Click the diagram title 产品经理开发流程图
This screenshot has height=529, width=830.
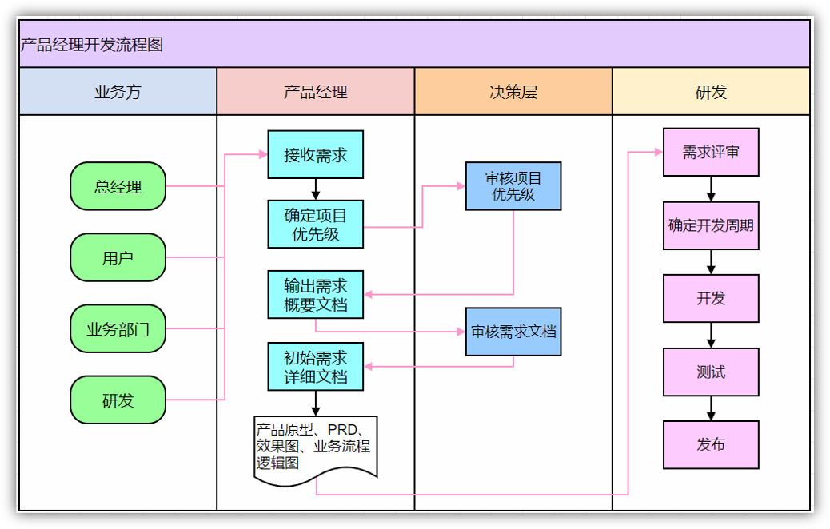(x=92, y=45)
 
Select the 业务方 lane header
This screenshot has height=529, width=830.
(x=118, y=92)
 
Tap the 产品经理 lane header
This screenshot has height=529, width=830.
(x=315, y=92)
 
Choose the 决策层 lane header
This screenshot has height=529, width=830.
(x=513, y=92)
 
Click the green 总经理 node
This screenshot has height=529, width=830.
(x=118, y=187)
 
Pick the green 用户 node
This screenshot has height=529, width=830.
(x=118, y=257)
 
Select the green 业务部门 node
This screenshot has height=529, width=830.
(x=118, y=328)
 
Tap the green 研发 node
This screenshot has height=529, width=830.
(x=118, y=400)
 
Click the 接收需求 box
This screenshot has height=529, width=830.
(x=315, y=155)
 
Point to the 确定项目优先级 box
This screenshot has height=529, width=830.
(x=315, y=225)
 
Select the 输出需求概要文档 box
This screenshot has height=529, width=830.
(x=315, y=294)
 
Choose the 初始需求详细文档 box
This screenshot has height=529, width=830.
(x=315, y=367)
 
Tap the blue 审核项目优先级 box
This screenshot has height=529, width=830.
(x=513, y=186)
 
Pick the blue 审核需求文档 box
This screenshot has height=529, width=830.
(x=513, y=332)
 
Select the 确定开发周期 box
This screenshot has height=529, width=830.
(x=711, y=225)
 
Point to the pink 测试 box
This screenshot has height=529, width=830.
(x=711, y=372)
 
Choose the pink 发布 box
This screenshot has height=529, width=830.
(x=711, y=445)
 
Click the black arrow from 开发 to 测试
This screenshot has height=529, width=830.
(x=711, y=335)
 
